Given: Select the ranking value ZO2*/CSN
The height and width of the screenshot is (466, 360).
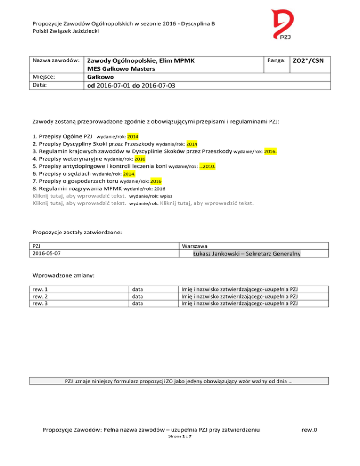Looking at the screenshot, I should coord(311,61).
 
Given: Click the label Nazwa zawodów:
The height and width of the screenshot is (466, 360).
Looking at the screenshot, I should coord(55,60).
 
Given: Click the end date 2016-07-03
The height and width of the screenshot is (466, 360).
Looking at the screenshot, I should coord(169,86).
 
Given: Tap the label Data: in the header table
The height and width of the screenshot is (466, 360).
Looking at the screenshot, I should coord(40,85).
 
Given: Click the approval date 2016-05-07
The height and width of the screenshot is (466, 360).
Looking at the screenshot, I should coord(47,254).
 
